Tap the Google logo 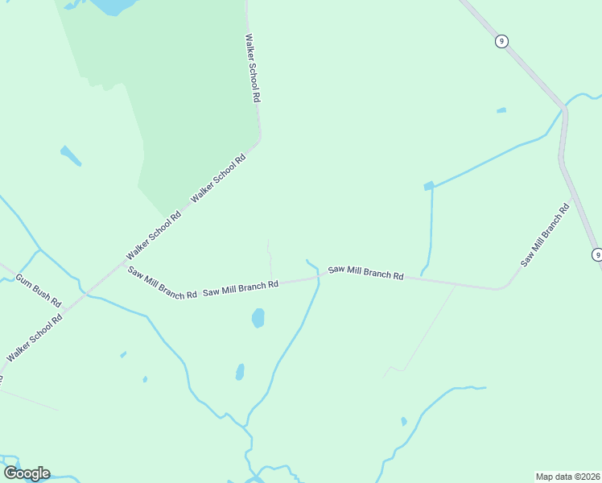click(27, 473)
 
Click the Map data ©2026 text click(567, 476)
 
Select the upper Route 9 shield click(501, 41)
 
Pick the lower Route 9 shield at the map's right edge click(596, 254)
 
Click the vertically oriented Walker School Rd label click(254, 68)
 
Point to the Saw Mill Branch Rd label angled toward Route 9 click(545, 235)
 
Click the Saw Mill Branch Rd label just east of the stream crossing click(365, 273)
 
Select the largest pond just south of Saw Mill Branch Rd click(258, 318)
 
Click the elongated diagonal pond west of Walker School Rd click(71, 155)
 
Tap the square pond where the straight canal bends click(429, 186)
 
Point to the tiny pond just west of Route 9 click(501, 110)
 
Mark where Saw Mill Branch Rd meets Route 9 click(574, 196)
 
